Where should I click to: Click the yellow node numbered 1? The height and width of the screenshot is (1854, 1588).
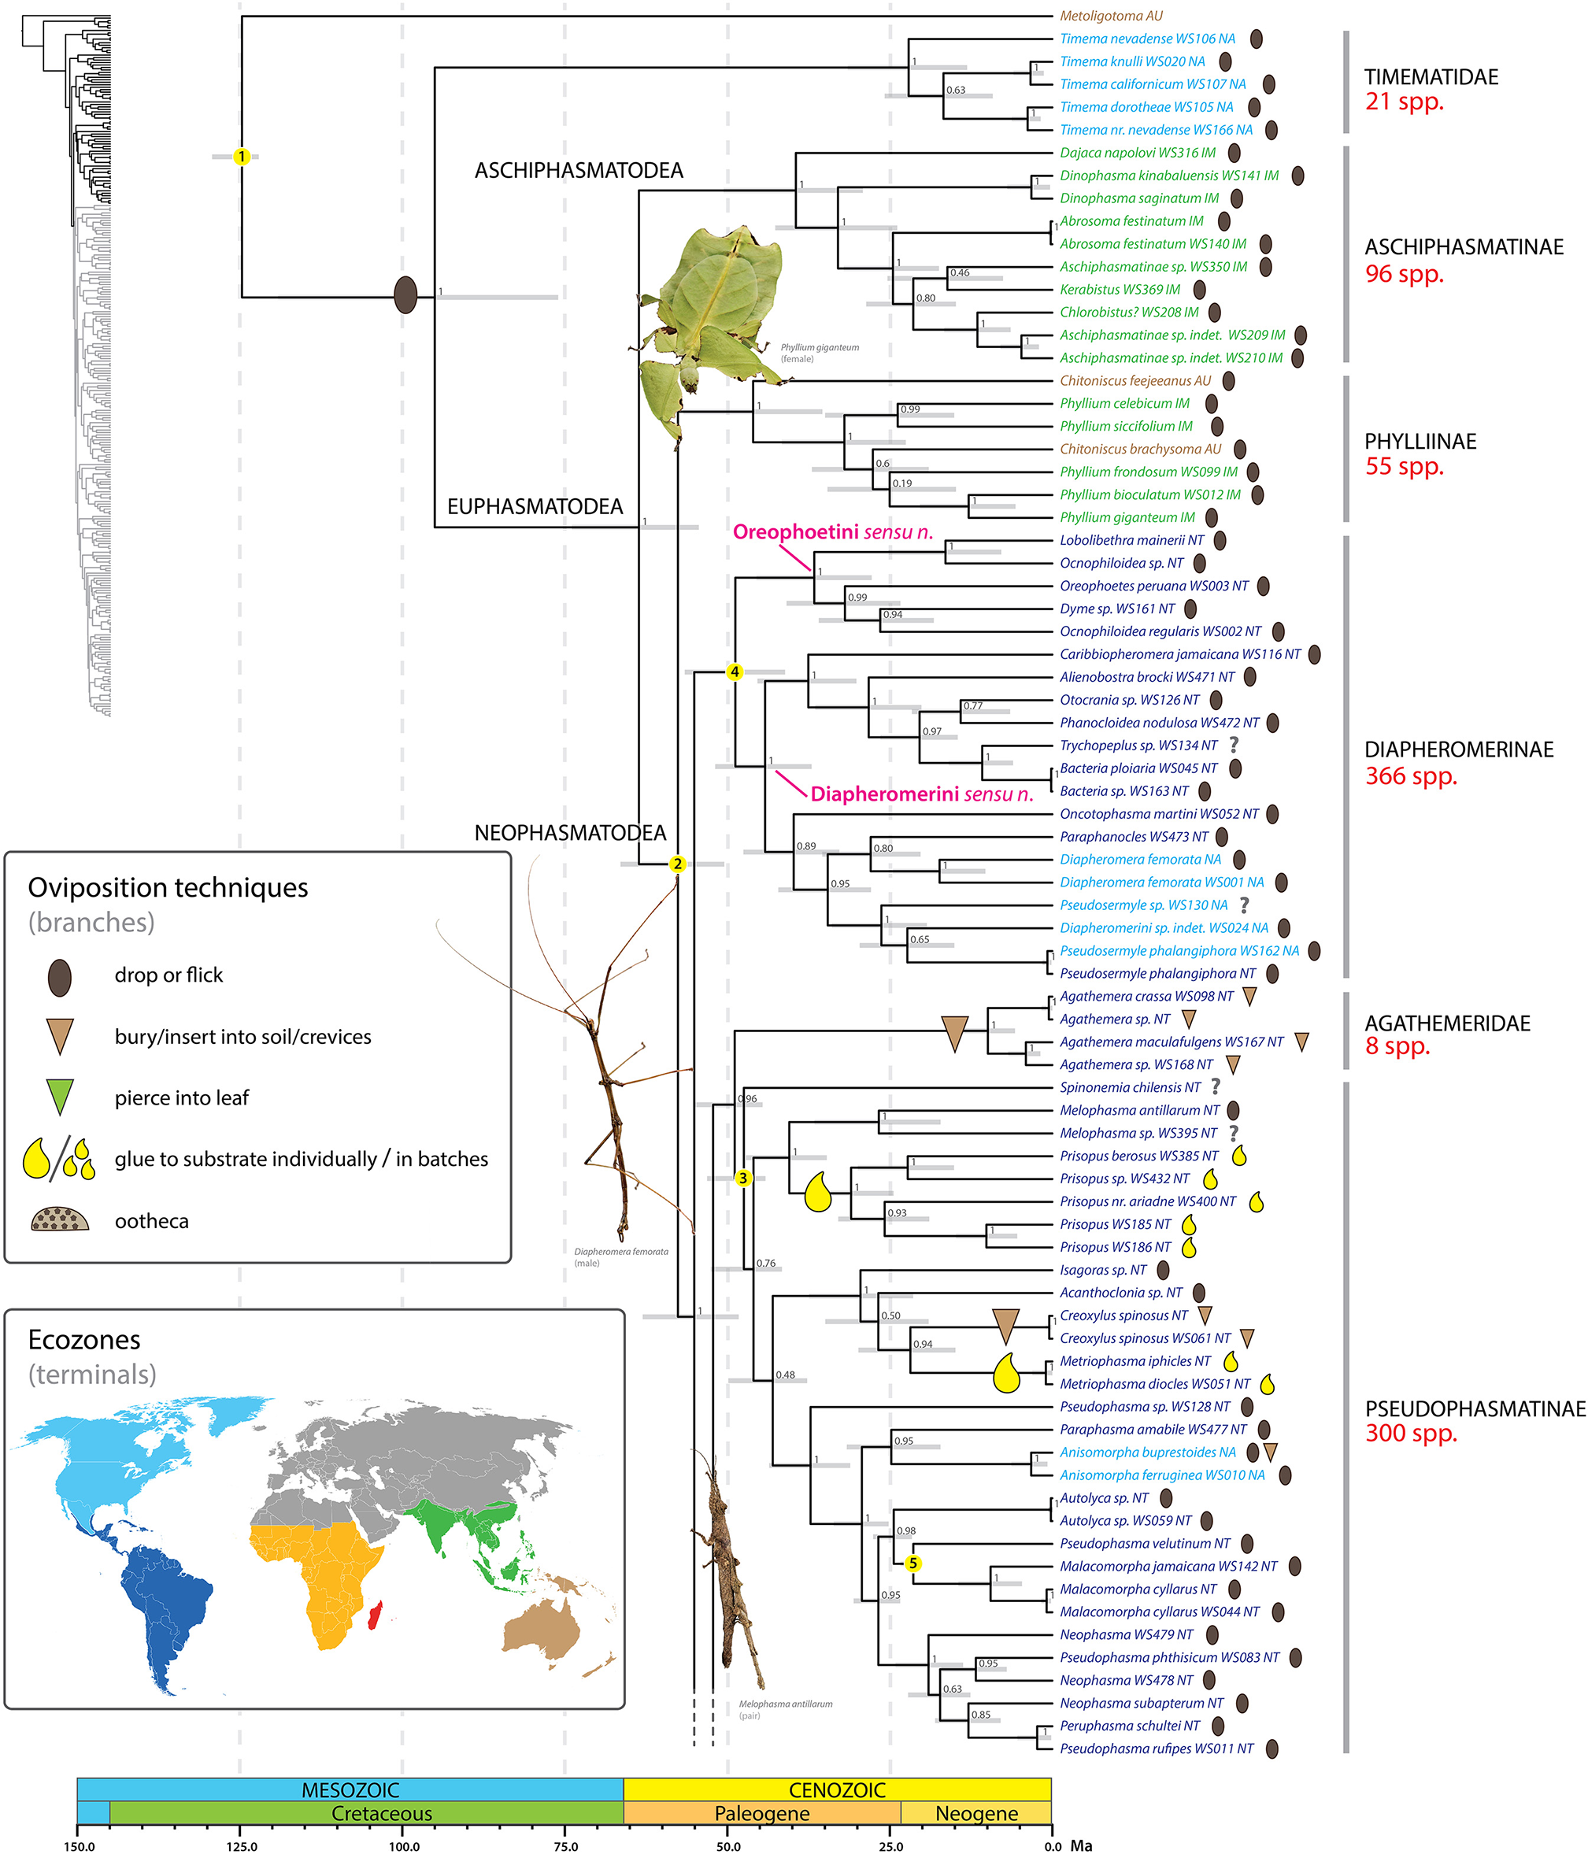[241, 157]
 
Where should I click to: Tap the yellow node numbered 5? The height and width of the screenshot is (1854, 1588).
[912, 1564]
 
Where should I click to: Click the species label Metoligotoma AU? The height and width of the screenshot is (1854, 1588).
[1111, 16]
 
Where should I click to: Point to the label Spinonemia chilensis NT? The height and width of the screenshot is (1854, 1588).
[1130, 1087]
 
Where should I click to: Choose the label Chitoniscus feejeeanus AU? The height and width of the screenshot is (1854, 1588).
[1135, 381]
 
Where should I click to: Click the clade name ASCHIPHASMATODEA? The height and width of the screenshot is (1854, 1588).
[578, 170]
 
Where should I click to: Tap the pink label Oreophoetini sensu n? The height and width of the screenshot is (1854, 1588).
[832, 532]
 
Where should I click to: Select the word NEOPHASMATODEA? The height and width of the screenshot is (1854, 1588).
[570, 833]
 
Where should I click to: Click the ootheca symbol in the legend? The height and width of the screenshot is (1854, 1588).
[60, 1220]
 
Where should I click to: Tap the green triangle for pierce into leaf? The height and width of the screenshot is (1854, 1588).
[59, 1097]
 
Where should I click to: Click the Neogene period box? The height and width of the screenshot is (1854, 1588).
[976, 1813]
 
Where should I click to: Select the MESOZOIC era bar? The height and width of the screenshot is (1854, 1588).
[350, 1789]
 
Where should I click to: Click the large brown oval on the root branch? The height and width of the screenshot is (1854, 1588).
[405, 295]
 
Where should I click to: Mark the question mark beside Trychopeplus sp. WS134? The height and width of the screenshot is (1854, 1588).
[1234, 745]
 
